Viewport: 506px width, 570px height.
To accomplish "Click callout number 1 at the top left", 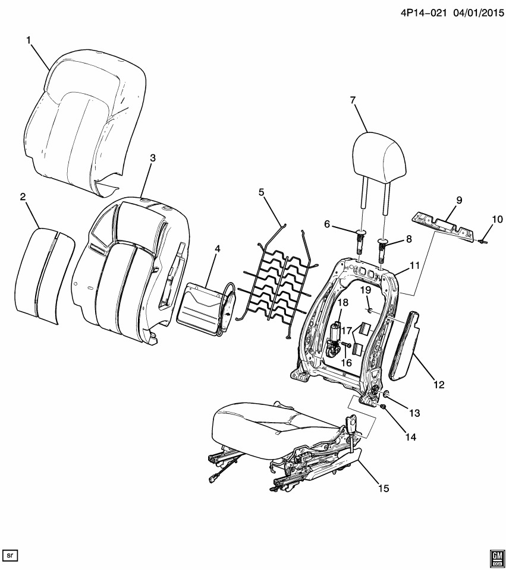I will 28,40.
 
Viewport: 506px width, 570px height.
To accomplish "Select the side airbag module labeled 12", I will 405,347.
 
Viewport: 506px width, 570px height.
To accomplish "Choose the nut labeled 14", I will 384,407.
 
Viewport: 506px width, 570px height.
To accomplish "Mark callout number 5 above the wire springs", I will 260,192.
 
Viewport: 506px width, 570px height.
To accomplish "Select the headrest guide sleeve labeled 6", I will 361,243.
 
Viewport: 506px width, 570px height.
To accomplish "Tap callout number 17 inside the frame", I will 347,333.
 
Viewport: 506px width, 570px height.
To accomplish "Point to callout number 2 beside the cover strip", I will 23,197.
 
